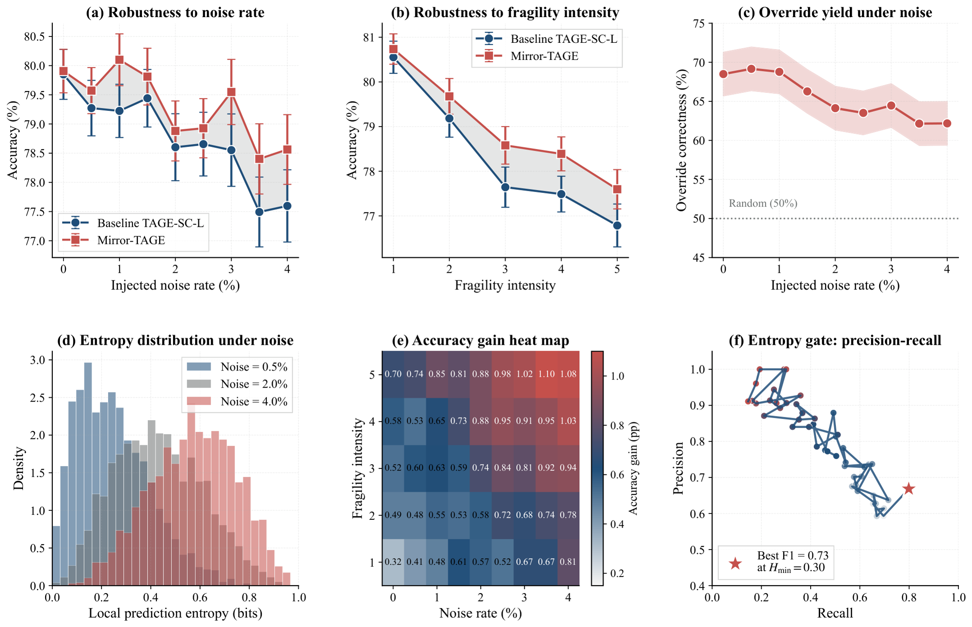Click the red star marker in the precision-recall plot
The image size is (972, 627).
tap(908, 489)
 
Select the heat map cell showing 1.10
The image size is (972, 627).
tap(546, 374)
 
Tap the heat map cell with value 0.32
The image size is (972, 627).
tap(393, 562)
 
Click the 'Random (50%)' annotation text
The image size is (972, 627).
tap(763, 203)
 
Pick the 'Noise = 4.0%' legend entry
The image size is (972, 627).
tap(237, 401)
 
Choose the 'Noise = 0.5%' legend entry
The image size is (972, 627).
tap(237, 367)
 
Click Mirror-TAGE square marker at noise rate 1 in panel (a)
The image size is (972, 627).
tap(119, 60)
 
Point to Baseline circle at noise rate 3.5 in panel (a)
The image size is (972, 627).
tap(259, 212)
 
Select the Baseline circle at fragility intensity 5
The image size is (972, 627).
tap(617, 225)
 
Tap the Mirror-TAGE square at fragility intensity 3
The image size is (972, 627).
tap(505, 145)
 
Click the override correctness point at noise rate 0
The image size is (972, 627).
tap(724, 74)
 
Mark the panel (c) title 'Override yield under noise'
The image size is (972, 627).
tap(835, 12)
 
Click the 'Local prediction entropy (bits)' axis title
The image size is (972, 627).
tap(175, 613)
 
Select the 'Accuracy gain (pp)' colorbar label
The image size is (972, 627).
tap(634, 468)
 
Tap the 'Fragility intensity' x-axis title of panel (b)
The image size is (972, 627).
tap(505, 285)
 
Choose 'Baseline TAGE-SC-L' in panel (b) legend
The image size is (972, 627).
tap(564, 39)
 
